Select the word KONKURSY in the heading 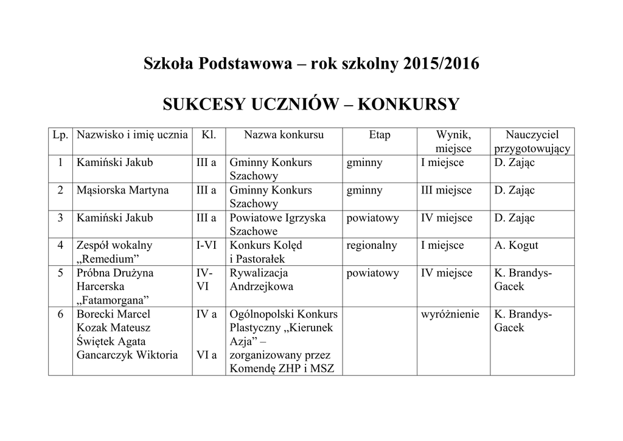(x=408, y=105)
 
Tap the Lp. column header (x=60, y=135)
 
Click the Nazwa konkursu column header (x=284, y=135)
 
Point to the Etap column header (x=380, y=135)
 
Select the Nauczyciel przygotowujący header (x=532, y=142)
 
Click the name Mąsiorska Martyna (x=122, y=190)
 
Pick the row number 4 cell (x=60, y=246)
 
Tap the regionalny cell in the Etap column (x=372, y=246)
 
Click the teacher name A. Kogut (x=516, y=246)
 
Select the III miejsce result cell (x=446, y=190)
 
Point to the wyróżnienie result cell (x=450, y=314)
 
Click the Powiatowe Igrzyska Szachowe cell (x=277, y=224)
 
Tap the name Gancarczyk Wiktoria (x=127, y=355)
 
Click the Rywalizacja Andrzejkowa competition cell (x=261, y=280)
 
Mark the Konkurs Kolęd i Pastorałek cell (x=266, y=252)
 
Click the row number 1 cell (x=60, y=163)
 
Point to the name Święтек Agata (x=111, y=342)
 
